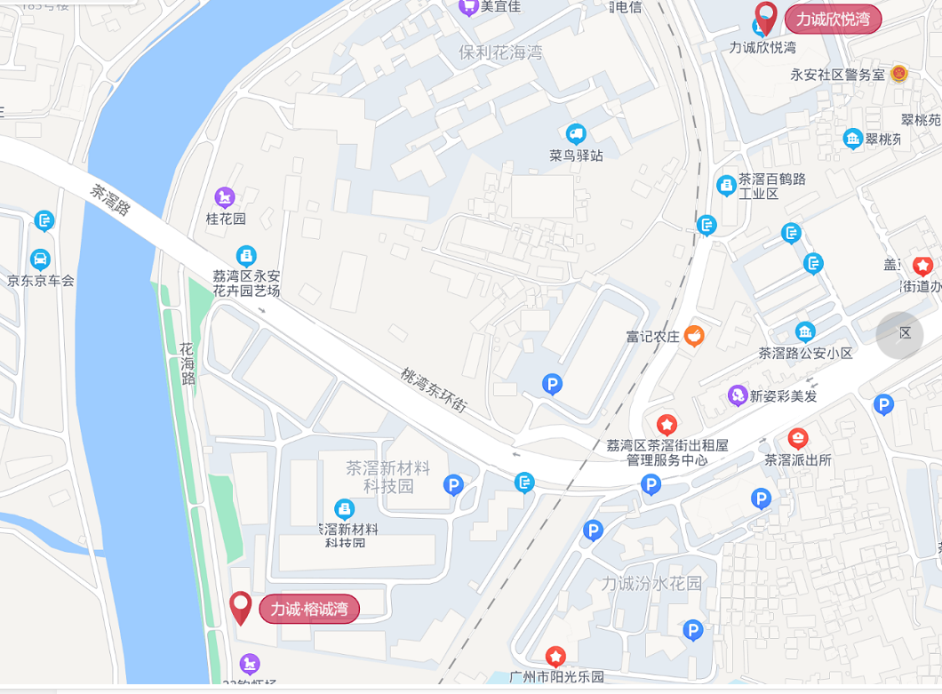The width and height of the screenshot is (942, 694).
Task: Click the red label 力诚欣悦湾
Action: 833,19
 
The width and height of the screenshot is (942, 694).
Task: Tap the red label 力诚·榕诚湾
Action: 309,609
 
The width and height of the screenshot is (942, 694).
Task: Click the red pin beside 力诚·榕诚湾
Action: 241,608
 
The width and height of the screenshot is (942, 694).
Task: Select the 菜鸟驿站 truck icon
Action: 576,134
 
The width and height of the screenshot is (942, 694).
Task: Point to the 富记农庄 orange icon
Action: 694,336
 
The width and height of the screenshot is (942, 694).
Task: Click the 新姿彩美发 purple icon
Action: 737,395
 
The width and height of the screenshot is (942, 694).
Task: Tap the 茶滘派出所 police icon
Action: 797,438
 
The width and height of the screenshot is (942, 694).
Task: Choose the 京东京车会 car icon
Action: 40,259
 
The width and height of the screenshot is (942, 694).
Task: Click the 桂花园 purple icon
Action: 225,196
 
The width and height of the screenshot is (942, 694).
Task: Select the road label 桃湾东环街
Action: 433,390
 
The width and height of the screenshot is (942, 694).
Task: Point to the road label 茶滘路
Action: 110,201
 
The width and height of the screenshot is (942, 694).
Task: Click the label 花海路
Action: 187,363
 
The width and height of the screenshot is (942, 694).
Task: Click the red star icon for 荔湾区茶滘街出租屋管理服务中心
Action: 667,425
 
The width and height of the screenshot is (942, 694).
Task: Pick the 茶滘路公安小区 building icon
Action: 805,332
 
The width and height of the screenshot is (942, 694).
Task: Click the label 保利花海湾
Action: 500,52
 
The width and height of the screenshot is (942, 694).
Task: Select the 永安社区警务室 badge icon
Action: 898,74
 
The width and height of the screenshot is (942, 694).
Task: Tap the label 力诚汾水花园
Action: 651,584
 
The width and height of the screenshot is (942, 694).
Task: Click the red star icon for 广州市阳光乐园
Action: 555,657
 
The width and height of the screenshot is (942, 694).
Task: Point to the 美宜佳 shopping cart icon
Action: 467,7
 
